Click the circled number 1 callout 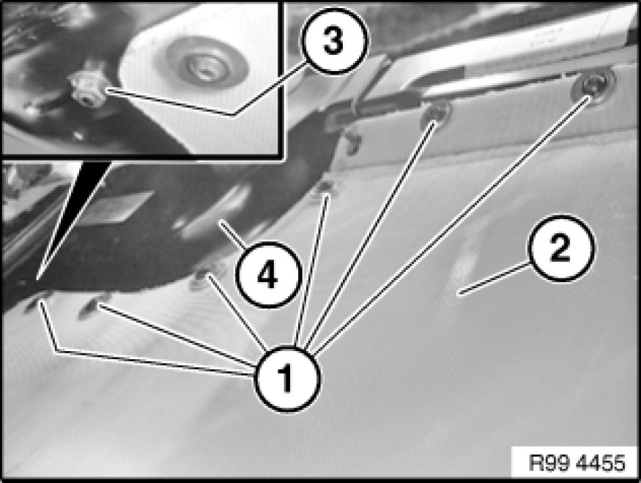tap(287, 379)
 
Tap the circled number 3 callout tap(335, 40)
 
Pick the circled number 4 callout tap(268, 274)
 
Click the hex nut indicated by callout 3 tap(88, 91)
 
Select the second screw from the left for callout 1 tap(93, 307)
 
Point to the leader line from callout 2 tap(494, 279)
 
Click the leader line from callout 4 tap(233, 234)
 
